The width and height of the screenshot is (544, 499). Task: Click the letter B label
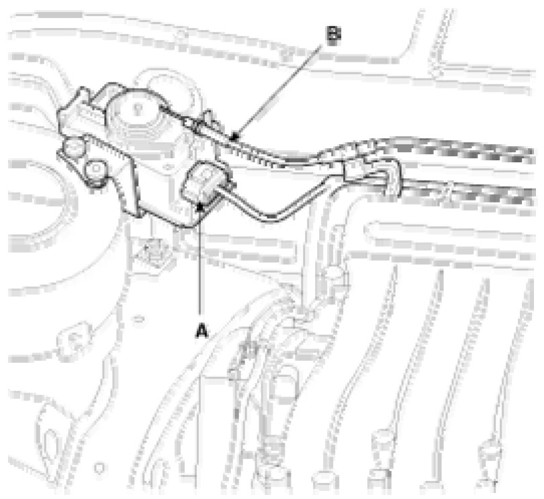(334, 36)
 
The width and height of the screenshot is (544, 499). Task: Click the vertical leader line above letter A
(201, 268)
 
